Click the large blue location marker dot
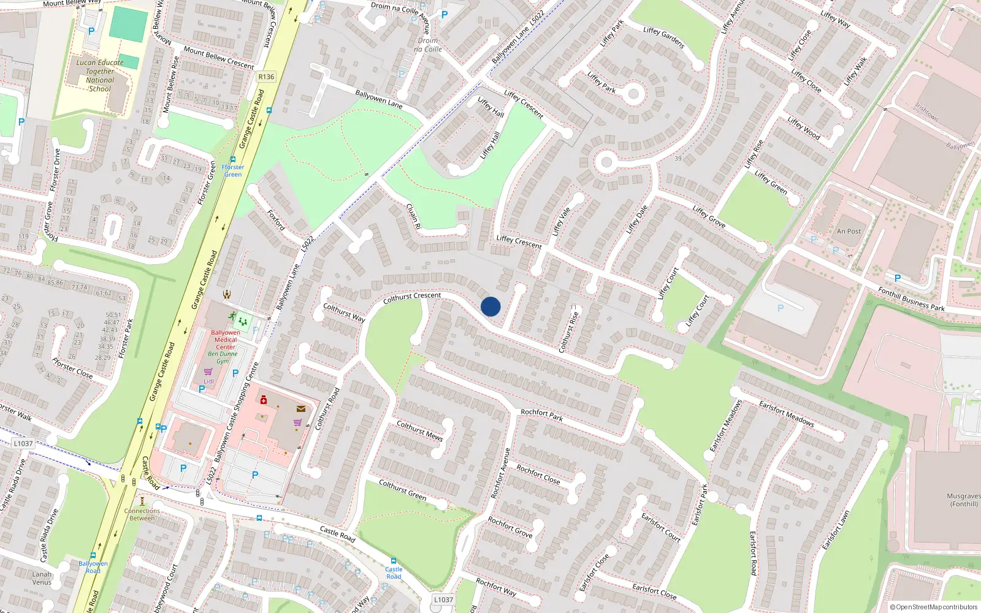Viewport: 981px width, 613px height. point(490,306)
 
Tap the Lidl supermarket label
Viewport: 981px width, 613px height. point(208,381)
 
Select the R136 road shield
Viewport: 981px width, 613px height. point(266,77)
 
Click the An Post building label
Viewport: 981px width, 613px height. point(849,231)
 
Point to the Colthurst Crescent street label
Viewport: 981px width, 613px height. point(412,298)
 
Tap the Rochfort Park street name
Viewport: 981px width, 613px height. point(541,416)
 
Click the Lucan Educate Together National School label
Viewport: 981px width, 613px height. point(100,75)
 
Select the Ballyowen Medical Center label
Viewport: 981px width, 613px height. point(226,340)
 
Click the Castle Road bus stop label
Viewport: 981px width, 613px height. point(394,573)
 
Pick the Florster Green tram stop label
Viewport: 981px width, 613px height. point(233,170)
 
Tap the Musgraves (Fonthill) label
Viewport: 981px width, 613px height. point(963,500)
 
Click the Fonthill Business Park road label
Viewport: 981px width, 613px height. point(911,299)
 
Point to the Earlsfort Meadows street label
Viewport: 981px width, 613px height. point(786,413)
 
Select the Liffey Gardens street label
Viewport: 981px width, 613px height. point(664,38)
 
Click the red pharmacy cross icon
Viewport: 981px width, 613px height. point(264,400)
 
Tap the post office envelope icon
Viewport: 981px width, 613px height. point(301,409)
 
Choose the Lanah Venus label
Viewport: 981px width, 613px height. point(42,578)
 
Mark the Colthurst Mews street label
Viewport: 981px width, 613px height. point(419,430)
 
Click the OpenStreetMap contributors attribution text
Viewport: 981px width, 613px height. point(934,607)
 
